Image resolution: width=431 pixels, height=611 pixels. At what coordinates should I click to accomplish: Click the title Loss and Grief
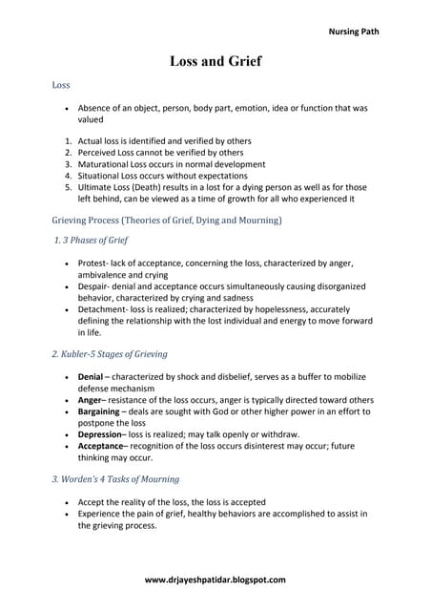coord(215,61)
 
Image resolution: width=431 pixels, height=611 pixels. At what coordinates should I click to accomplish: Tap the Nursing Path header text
coord(353,32)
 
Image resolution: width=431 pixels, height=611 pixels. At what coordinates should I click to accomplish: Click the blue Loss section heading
coord(61,85)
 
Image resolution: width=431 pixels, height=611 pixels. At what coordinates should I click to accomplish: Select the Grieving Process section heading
coord(166,220)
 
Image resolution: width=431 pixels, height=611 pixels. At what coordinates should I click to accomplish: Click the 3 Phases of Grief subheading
coord(92,240)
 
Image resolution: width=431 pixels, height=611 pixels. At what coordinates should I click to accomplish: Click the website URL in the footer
coord(215,579)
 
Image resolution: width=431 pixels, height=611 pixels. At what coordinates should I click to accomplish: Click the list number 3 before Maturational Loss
coord(68,164)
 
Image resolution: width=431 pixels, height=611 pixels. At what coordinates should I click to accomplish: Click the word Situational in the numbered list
coord(100,176)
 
